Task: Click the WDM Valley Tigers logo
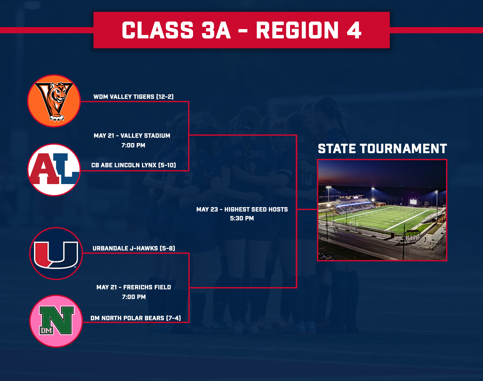tap(54, 101)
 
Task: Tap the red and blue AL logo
tap(54, 170)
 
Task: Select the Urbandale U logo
tap(56, 254)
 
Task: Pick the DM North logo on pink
tap(56, 321)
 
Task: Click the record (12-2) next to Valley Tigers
tap(165, 97)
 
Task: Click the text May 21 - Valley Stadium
tap(132, 135)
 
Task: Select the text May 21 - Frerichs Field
tap(134, 287)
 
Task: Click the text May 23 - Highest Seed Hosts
tap(242, 209)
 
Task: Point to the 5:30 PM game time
tap(242, 218)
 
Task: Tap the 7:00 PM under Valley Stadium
tap(133, 145)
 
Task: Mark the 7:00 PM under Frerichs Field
tap(134, 297)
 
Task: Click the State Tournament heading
tap(382, 149)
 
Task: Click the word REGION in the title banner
tap(297, 30)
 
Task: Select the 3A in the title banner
tap(216, 30)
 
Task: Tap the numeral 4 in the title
tap(354, 30)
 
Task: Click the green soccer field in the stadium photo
tap(383, 217)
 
